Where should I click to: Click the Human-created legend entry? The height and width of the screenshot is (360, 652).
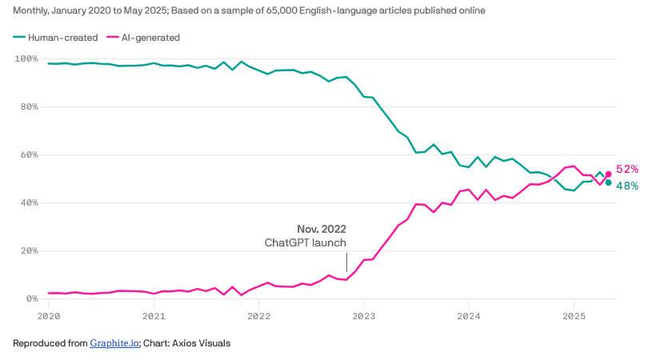point(62,37)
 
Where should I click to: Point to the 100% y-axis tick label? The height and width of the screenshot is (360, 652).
point(26,59)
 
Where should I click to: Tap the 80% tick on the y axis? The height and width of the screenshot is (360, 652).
point(29,107)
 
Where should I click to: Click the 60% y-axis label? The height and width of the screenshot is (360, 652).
point(29,155)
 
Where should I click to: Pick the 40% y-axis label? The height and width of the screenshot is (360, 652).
point(29,203)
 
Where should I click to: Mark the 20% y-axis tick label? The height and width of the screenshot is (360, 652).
point(29,251)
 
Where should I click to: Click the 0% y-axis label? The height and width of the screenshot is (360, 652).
point(31,299)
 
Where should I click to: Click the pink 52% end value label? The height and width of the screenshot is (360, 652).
point(627,170)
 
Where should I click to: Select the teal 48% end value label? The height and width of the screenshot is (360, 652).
point(627,186)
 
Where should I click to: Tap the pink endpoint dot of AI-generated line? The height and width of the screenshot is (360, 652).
point(608,174)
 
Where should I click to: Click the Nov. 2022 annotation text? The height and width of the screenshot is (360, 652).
point(322,229)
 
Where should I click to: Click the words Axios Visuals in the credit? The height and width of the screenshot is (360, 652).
point(204,344)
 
